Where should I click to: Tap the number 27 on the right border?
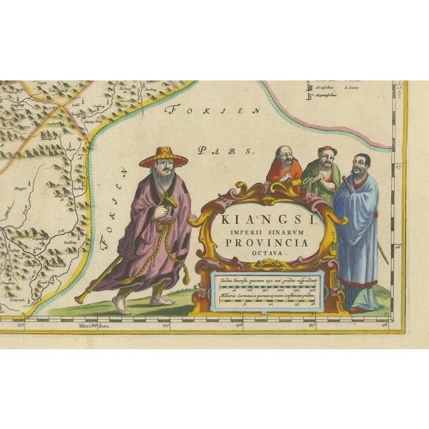[x=397, y=166]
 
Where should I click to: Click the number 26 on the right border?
[x=397, y=246]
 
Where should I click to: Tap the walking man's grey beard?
[x=160, y=179]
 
